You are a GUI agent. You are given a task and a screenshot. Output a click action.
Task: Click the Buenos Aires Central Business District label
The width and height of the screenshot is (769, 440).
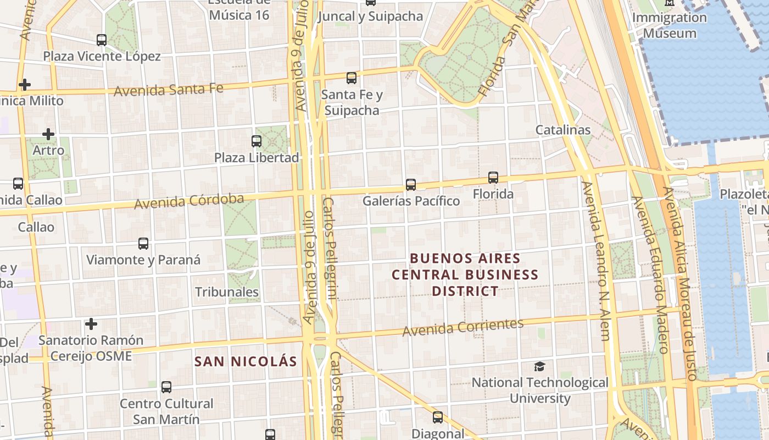click(x=465, y=274)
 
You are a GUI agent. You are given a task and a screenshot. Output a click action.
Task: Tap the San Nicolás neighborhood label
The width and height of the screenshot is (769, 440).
click(x=246, y=361)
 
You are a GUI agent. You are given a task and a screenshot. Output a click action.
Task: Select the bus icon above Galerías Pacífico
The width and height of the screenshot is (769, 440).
click(x=411, y=185)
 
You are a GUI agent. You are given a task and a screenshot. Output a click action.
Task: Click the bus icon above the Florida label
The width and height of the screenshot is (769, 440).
click(x=493, y=178)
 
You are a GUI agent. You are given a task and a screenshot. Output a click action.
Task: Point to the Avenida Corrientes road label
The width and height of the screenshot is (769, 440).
click(x=463, y=327)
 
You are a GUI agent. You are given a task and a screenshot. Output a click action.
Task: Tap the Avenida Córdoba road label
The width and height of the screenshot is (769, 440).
click(x=189, y=201)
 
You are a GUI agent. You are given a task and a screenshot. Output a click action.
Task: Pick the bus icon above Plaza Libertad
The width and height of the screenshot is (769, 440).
click(x=257, y=141)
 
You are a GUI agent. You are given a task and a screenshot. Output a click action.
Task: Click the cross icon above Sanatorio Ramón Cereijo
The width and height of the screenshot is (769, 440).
click(x=91, y=324)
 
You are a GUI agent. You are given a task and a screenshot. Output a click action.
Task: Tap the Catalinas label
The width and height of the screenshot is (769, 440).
click(x=563, y=130)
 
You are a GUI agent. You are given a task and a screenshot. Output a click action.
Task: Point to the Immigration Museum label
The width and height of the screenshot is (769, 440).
click(x=670, y=25)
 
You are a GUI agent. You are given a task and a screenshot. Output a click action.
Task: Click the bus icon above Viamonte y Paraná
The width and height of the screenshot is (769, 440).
click(x=143, y=244)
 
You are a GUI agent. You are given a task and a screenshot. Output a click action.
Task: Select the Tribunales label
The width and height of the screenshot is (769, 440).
click(x=226, y=291)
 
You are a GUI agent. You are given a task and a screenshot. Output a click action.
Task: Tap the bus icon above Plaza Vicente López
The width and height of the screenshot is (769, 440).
click(x=102, y=40)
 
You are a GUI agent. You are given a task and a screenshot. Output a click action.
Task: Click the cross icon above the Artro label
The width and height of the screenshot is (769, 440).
click(x=48, y=134)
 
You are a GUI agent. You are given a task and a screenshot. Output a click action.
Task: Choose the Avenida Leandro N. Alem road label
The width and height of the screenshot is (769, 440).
click(x=597, y=261)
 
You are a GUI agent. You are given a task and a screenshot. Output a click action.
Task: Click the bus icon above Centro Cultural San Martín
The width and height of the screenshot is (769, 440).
click(x=166, y=387)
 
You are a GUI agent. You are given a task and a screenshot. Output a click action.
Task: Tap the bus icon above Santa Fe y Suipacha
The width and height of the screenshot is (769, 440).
click(x=352, y=78)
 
